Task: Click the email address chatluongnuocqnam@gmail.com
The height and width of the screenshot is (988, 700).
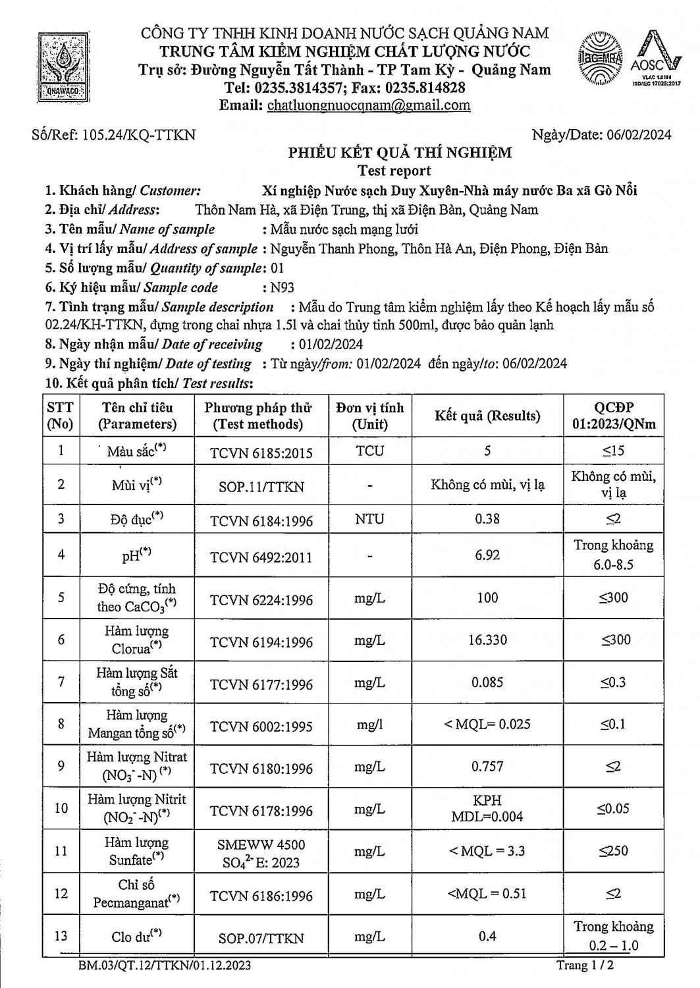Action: (x=369, y=105)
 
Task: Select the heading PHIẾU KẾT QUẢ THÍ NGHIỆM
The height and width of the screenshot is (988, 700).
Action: (x=400, y=153)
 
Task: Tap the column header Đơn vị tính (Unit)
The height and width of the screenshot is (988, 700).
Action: (x=369, y=416)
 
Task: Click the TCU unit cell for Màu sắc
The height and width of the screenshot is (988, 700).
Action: (x=369, y=451)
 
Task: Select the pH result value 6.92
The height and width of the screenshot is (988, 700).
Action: (x=487, y=555)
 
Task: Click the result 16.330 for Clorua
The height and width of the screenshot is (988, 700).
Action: (x=487, y=640)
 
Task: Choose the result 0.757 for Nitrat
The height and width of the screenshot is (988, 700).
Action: (x=487, y=767)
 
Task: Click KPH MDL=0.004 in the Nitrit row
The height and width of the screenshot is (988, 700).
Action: (x=487, y=809)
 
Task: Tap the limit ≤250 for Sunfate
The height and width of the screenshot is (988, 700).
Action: (x=613, y=851)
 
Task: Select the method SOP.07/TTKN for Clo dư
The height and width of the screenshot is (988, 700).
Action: (x=261, y=938)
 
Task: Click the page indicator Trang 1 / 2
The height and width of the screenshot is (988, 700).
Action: (x=585, y=966)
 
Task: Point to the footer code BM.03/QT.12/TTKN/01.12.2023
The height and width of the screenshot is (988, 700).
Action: (x=164, y=966)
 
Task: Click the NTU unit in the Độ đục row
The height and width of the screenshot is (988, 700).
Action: (x=369, y=519)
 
